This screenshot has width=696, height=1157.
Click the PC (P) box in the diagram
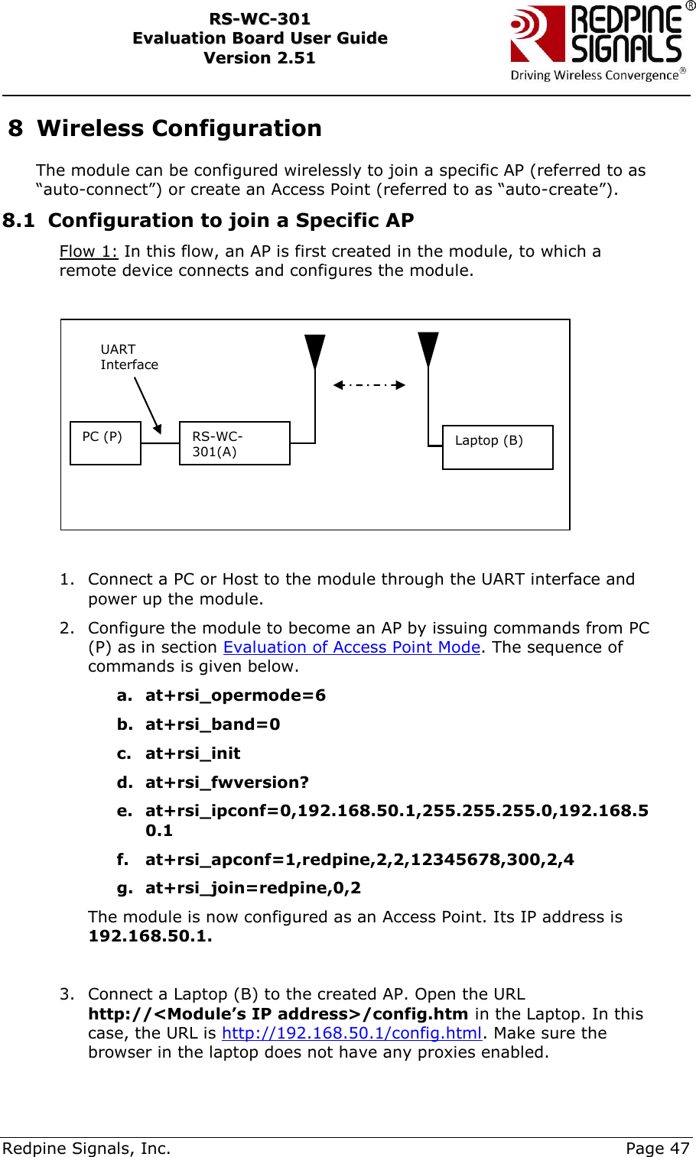pyautogui.click(x=106, y=442)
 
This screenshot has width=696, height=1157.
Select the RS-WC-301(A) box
pyautogui.click(x=234, y=443)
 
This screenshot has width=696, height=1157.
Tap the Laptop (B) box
pyautogui.click(x=497, y=447)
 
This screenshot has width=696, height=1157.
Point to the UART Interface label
pyautogui.click(x=128, y=357)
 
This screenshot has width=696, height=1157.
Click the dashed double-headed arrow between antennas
pyautogui.click(x=369, y=385)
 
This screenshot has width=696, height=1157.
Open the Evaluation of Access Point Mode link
pyautogui.click(x=352, y=647)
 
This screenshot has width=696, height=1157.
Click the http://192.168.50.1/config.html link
pyautogui.click(x=352, y=1033)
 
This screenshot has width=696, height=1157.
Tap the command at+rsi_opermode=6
pyautogui.click(x=235, y=695)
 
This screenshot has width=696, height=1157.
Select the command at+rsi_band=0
pyautogui.click(x=213, y=724)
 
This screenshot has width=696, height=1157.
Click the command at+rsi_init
pyautogui.click(x=193, y=754)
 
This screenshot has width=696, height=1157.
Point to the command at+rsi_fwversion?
pyautogui.click(x=227, y=783)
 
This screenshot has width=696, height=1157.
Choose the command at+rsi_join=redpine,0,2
pyautogui.click(x=253, y=888)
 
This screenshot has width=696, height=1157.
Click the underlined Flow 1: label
pyautogui.click(x=89, y=251)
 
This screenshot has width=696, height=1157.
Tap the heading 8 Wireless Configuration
pyautogui.click(x=165, y=128)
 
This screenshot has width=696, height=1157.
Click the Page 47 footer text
pyautogui.click(x=657, y=1148)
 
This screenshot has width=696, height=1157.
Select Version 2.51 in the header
pyautogui.click(x=259, y=58)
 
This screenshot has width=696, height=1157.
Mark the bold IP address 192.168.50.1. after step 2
pyautogui.click(x=150, y=936)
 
